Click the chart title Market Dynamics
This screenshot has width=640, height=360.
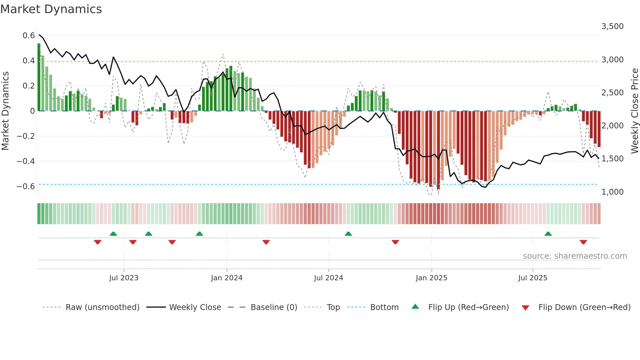click(51, 9)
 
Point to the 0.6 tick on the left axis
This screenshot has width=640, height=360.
click(29, 35)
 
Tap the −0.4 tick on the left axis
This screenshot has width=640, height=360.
click(26, 161)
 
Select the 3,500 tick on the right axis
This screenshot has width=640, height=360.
click(612, 26)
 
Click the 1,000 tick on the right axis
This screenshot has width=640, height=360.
click(612, 192)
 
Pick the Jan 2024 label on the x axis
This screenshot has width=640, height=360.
click(227, 278)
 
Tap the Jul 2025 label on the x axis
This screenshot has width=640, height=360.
click(533, 278)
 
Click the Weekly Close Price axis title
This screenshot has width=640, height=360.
click(634, 111)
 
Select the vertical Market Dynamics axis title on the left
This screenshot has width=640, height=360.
click(5, 111)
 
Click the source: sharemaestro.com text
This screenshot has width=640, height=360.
click(575, 256)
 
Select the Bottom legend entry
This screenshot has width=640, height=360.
click(384, 307)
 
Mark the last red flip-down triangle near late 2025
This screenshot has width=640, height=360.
click(583, 242)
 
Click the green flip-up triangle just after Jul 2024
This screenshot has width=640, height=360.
click(348, 234)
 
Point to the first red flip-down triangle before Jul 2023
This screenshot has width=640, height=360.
click(98, 242)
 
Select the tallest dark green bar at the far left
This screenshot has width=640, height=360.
click(39, 77)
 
